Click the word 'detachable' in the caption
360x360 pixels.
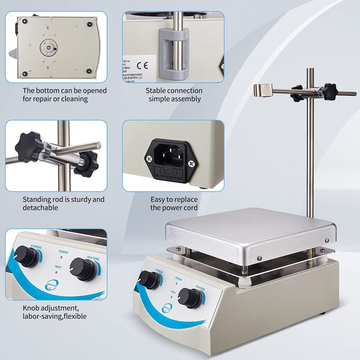[40, 208]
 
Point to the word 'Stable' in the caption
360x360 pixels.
[156, 91]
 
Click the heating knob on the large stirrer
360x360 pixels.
[190, 297]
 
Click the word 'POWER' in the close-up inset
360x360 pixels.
[62, 252]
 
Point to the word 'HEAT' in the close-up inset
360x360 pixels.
[58, 266]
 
